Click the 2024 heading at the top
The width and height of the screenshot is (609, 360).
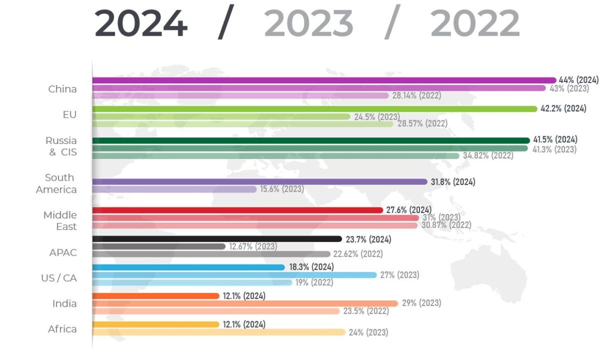pos(140,23)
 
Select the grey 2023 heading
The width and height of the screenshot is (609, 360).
pos(309,23)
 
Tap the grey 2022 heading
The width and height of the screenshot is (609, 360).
pos(475,23)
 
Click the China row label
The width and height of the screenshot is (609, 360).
pos(62,89)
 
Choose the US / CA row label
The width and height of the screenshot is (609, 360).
pos(59,278)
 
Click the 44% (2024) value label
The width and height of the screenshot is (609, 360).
pos(578,80)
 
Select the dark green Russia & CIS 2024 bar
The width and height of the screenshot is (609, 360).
pos(311,140)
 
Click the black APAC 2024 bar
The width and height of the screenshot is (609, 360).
pos(217,239)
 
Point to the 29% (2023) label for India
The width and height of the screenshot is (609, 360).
pos(422,303)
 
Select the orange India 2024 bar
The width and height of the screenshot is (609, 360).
pos(156,296)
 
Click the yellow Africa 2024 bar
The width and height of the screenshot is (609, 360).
pos(156,324)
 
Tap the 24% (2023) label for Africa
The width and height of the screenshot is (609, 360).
pos(368,333)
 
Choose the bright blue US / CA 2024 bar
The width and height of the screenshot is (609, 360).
pos(189,267)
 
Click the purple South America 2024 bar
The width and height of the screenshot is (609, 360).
pos(259,182)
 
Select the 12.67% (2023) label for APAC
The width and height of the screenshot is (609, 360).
pos(253,247)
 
